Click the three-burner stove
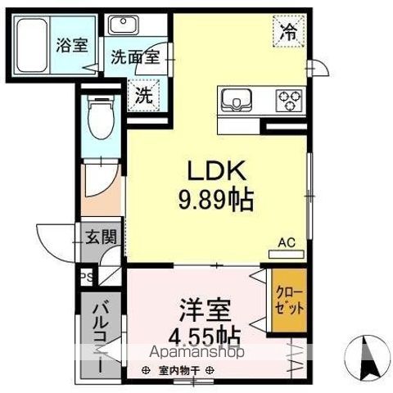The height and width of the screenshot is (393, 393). pos(289,99)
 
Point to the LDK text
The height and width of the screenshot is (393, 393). pos(214,172)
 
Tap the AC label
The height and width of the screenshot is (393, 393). pos(287,242)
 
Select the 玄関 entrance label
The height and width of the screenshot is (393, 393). pos(102,238)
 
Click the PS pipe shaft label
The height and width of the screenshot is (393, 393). pos(86,277)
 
